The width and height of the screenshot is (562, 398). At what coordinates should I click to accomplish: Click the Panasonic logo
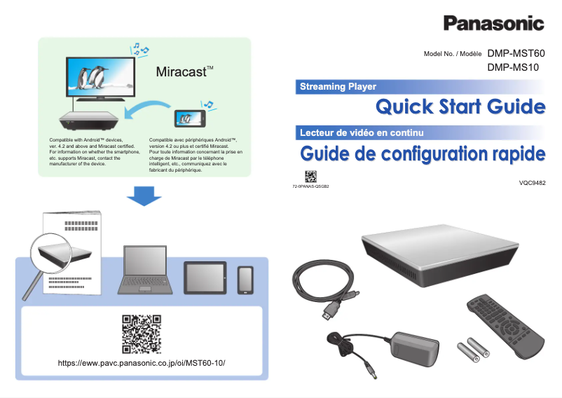tap(493, 23)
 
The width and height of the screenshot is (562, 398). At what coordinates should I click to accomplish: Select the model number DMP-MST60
tap(516, 53)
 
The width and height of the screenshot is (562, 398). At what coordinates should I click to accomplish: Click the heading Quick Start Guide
tap(460, 107)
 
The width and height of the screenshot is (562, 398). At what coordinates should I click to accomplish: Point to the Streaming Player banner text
tap(338, 87)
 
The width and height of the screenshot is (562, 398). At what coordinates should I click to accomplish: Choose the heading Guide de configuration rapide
tap(422, 153)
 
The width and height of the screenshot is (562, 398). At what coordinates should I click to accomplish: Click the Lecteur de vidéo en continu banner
tap(361, 132)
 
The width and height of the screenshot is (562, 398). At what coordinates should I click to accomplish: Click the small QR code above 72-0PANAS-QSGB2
tap(310, 176)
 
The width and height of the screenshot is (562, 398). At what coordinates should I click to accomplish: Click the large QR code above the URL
tap(142, 334)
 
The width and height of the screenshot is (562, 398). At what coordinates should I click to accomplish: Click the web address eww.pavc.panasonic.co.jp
tap(145, 363)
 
